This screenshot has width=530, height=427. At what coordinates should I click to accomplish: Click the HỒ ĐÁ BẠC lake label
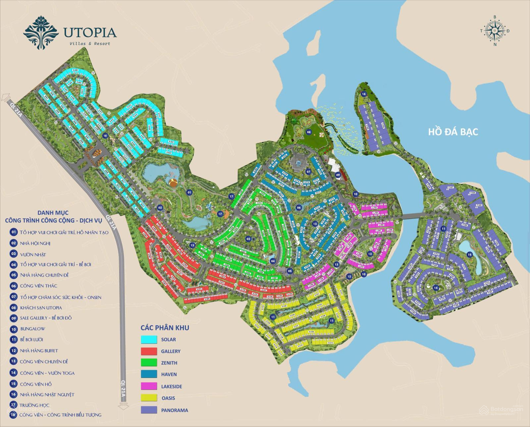453,132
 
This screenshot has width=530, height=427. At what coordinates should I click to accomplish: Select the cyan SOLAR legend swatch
149,339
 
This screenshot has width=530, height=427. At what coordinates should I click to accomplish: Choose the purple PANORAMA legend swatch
149,410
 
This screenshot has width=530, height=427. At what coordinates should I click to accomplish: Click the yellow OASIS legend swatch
149,398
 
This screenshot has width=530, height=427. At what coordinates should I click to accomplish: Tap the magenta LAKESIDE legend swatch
149,386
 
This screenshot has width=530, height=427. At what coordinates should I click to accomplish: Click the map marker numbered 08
309,132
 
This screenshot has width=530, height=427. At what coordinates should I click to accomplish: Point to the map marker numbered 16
364,94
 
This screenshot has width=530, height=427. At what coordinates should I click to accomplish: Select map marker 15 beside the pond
468,255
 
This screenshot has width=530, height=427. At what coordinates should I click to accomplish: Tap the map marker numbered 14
436,288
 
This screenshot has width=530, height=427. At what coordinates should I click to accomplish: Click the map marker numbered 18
105,136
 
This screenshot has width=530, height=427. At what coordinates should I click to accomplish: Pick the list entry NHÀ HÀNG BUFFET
39,350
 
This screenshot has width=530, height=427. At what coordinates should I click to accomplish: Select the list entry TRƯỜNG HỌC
34,405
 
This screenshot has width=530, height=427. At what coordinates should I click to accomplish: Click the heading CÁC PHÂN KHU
165,328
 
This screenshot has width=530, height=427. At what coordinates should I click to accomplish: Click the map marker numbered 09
338,175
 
